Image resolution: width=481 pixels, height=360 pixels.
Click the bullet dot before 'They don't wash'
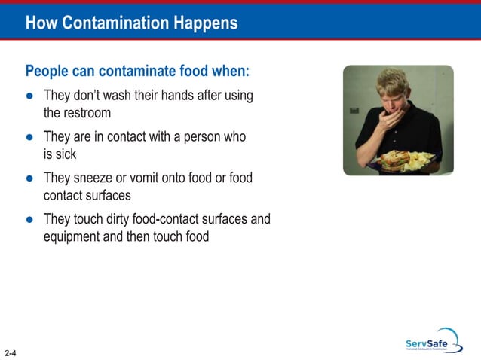coord(29,97)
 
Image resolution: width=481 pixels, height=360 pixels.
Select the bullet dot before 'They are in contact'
coord(29,138)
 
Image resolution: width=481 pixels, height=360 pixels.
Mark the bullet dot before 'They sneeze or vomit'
coord(29,179)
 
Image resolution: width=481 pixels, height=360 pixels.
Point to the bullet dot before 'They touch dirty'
coord(29,220)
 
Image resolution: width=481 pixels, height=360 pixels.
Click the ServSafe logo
coord(432,340)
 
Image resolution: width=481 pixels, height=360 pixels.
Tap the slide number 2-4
coord(11,352)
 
